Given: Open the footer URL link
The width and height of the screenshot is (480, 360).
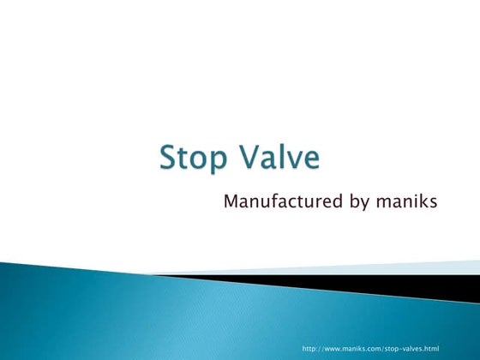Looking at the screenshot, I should coord(370,350).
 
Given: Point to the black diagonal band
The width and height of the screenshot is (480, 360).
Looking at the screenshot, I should coord(386,285).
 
